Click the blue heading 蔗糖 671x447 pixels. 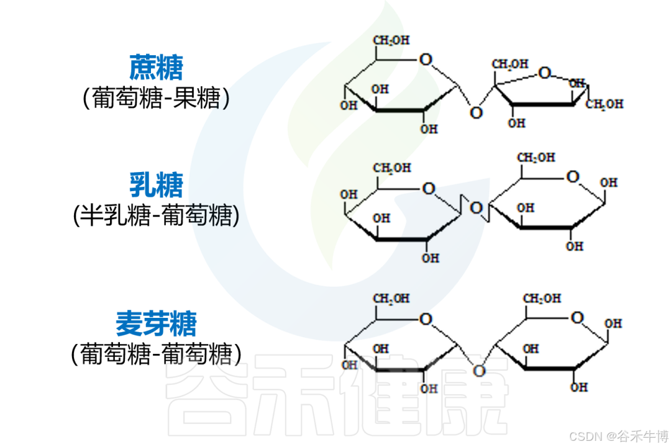156,67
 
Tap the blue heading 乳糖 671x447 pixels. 156,184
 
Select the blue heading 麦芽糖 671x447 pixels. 156,323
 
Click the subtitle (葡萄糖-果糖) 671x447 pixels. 156,98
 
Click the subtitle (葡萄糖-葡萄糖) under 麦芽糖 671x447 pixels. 156,354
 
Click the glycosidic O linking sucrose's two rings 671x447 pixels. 476,112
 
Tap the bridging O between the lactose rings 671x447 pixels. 476,207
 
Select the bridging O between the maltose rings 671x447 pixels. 478,371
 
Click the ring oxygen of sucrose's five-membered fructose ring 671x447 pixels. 545,73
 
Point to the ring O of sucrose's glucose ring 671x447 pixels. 426,60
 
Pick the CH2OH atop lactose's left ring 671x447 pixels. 391,168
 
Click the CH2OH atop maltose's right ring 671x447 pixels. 542,299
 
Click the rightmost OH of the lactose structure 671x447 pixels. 609,183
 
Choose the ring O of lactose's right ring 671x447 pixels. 573,177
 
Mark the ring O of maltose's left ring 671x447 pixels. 426,319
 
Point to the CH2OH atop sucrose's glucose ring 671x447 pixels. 391,41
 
